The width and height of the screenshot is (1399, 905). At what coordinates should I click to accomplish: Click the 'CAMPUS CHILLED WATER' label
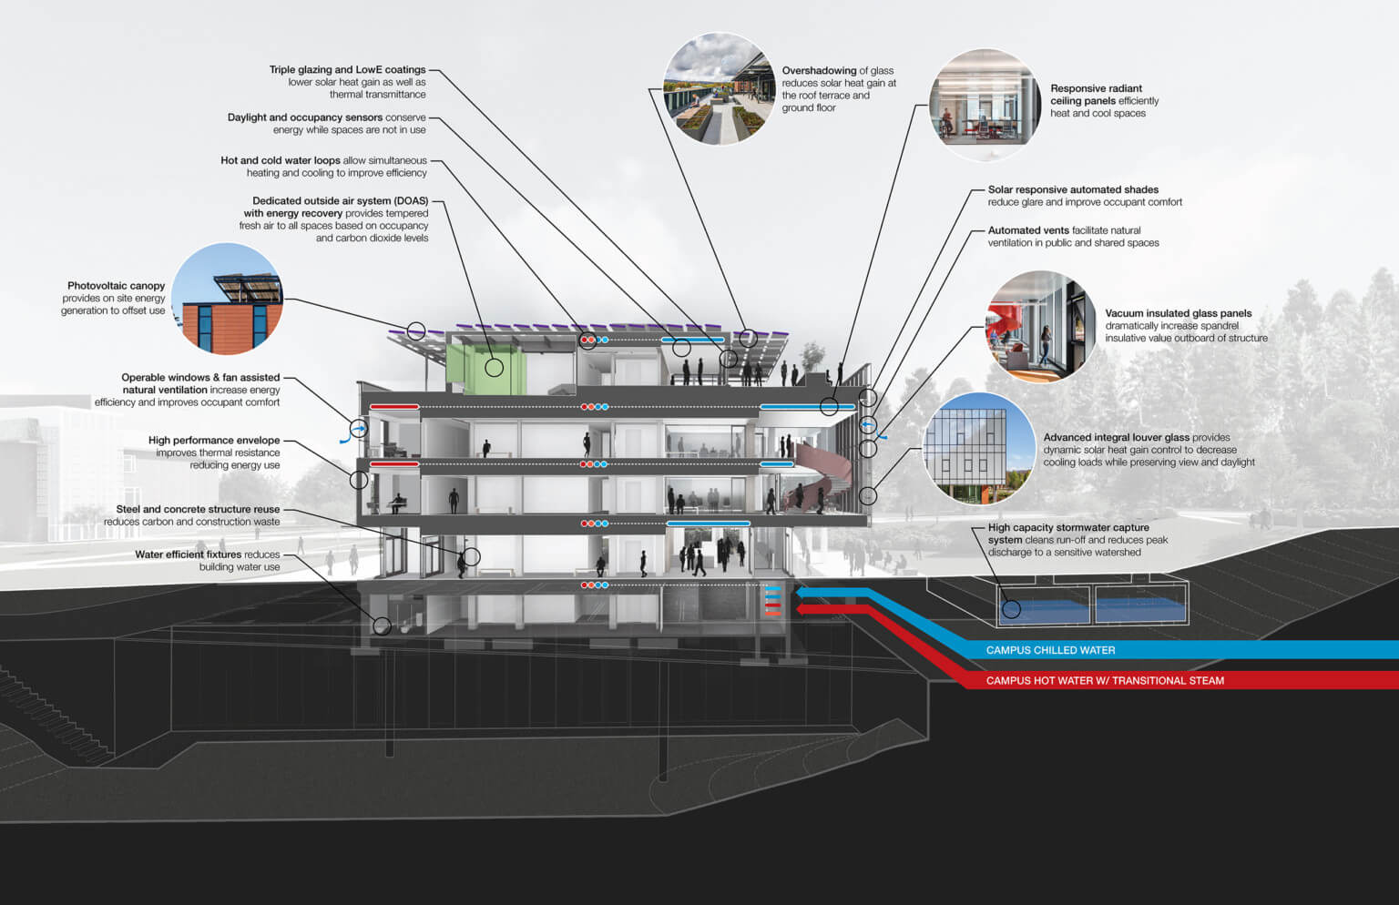(1050, 650)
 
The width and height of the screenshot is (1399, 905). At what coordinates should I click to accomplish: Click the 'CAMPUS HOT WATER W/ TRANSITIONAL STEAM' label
(1105, 680)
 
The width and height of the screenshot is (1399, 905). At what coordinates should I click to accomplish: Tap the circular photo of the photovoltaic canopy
(227, 299)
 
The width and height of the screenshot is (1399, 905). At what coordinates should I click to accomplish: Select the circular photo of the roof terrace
(720, 89)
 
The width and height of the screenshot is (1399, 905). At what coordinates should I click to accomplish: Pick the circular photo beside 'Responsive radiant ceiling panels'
(984, 105)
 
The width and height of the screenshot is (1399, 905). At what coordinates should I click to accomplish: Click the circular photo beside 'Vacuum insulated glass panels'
(1041, 327)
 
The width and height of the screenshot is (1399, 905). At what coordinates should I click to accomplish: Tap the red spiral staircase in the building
(820, 473)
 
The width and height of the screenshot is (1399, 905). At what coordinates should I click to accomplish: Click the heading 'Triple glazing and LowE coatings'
(347, 70)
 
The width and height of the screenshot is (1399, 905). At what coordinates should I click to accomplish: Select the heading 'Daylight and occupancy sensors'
(305, 117)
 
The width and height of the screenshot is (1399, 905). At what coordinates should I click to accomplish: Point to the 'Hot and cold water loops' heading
(281, 160)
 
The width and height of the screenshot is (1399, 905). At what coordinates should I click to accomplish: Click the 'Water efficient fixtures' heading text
(189, 554)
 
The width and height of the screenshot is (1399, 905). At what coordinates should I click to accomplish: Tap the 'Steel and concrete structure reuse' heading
(198, 510)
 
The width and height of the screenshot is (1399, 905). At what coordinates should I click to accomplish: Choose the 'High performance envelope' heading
(214, 441)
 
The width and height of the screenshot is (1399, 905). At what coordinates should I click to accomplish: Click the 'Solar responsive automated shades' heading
(1073, 190)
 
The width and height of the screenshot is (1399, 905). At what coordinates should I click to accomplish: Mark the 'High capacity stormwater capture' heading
(1068, 528)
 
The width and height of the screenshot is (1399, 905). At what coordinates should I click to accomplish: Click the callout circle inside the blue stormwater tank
(1011, 609)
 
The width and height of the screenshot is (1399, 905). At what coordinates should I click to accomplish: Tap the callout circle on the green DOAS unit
(495, 368)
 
